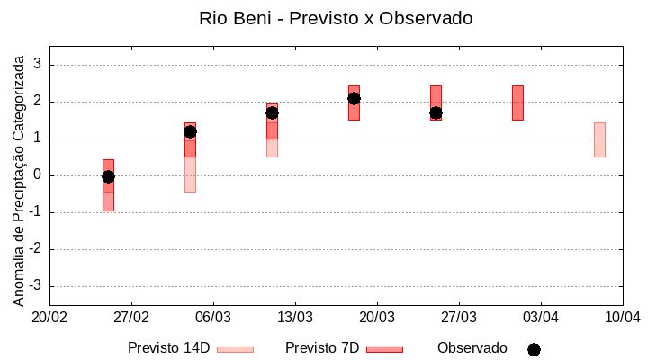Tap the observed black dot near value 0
pos(108,176)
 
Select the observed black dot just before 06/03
pos(190,131)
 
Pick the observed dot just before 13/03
pos(272,112)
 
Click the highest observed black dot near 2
pos(354,98)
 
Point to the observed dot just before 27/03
pos(436,112)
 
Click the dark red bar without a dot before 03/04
pos(517,103)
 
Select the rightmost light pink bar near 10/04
pos(599,139)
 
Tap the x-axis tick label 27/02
pos(131,317)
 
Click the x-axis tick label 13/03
pos(295,317)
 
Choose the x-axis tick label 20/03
pos(377,317)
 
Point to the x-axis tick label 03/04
pos(541,317)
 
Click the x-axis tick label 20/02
pos(49,317)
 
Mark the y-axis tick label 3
pos(38,65)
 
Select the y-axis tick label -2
pos(35,249)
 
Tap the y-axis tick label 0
pos(38,175)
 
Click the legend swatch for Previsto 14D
pos(235,348)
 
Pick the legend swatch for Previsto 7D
pos(384,348)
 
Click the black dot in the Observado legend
pos(534,349)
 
